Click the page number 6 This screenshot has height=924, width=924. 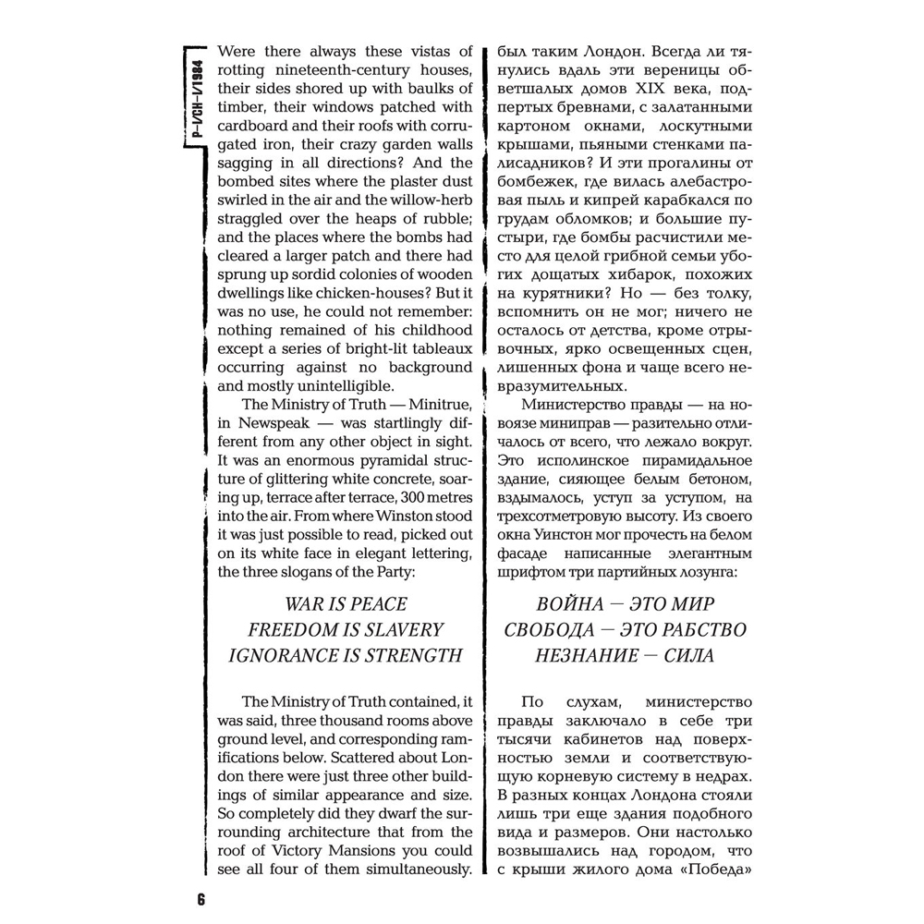[x=201, y=899]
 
